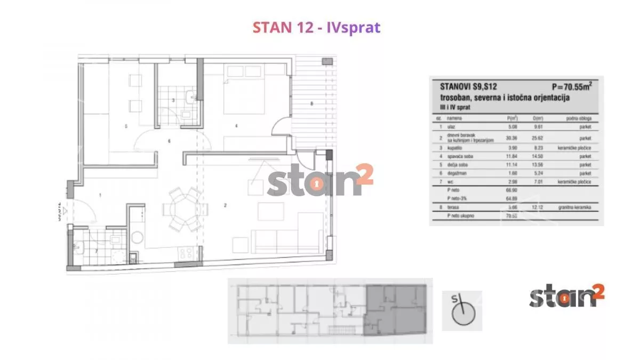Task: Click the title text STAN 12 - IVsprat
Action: (317, 27)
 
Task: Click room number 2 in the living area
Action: (226, 205)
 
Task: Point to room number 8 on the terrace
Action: (312, 103)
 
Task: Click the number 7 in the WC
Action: (96, 251)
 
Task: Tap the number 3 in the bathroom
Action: (173, 100)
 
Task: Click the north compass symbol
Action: (462, 310)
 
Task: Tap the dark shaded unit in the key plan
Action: (396, 310)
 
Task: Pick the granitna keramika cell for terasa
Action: (576, 207)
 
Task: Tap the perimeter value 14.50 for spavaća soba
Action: (539, 156)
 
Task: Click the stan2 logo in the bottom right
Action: (566, 297)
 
